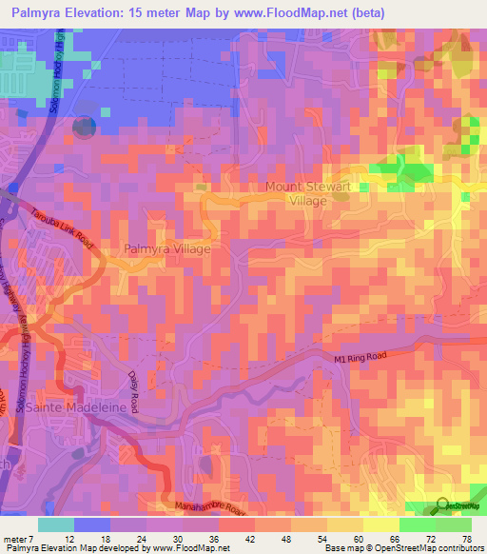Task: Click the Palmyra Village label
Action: point(166,248)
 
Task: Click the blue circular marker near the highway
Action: point(85,126)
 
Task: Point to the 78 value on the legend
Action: point(467,539)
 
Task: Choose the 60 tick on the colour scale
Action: point(351,539)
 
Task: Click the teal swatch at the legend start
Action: point(56,524)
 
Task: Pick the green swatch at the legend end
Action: point(453,524)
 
